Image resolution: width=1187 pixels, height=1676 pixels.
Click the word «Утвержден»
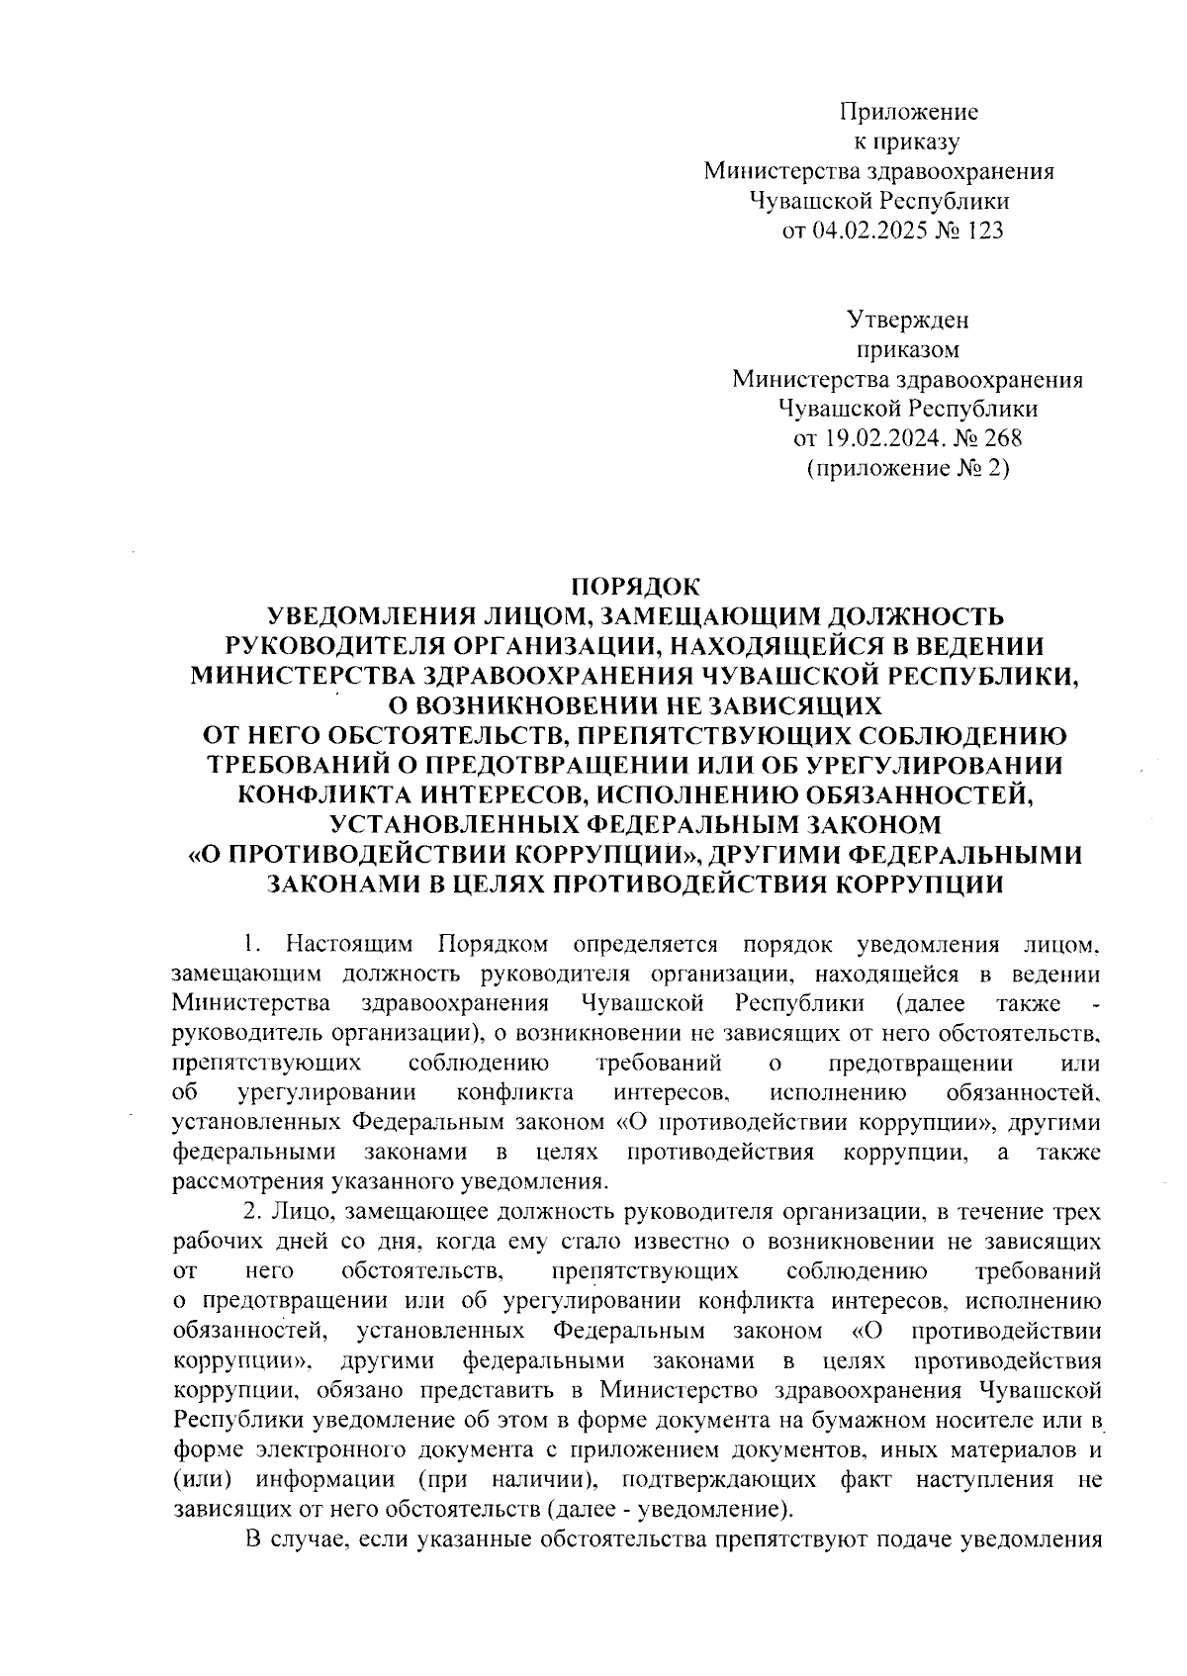tap(908, 320)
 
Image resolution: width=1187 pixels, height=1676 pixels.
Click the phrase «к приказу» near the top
tap(906, 141)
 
